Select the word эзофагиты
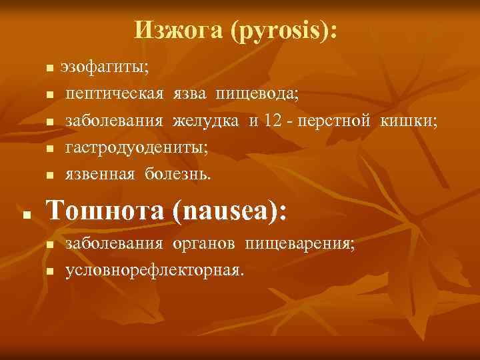pyautogui.click(x=105, y=67)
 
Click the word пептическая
pyautogui.click(x=114, y=94)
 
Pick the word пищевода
pyautogui.click(x=257, y=95)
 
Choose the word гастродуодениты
pyautogui.click(x=136, y=148)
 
